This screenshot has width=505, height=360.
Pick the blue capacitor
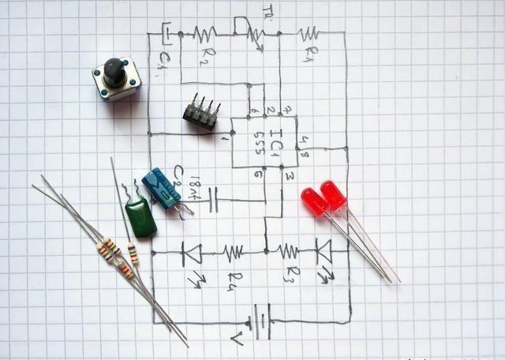[x=162, y=188]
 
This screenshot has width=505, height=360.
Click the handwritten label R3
[x=290, y=274]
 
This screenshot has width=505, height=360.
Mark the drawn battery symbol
[x=261, y=321]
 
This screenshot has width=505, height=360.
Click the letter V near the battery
[x=236, y=339]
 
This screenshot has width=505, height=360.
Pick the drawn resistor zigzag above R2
[x=204, y=34]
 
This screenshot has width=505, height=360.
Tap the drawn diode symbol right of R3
[x=324, y=251]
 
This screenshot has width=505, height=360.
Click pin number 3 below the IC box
[x=290, y=175]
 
